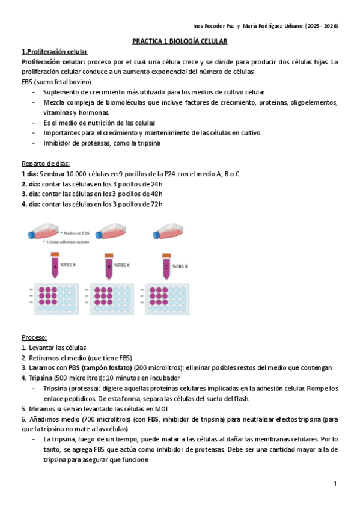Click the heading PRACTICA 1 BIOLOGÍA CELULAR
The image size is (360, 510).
pos(180,41)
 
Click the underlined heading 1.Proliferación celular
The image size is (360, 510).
pos(54,52)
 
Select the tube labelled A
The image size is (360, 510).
pos(55,265)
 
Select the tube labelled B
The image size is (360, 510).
pos(109,265)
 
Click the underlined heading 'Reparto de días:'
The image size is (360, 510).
pos(46,164)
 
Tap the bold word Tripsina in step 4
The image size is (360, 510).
pos(40,378)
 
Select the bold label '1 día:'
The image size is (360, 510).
pos(31,174)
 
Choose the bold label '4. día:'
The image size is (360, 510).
pos(31,204)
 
